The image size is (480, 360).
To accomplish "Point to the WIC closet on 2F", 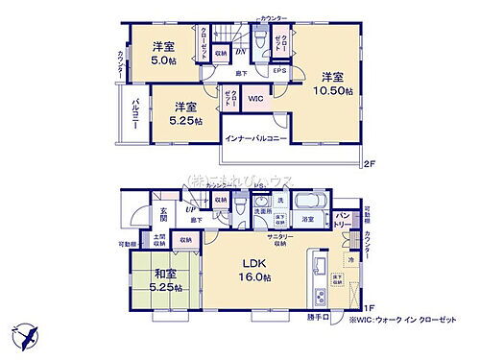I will coord(253,98).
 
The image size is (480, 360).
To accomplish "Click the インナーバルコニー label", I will coord(258,138).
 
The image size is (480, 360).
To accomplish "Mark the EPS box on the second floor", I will coord(279,70).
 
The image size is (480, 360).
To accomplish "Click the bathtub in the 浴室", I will coord(308,204).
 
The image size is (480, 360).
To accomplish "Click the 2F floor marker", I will coord(370,164).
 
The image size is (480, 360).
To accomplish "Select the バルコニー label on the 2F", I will coord(134,117).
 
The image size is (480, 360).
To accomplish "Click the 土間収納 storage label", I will coord(157,242).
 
